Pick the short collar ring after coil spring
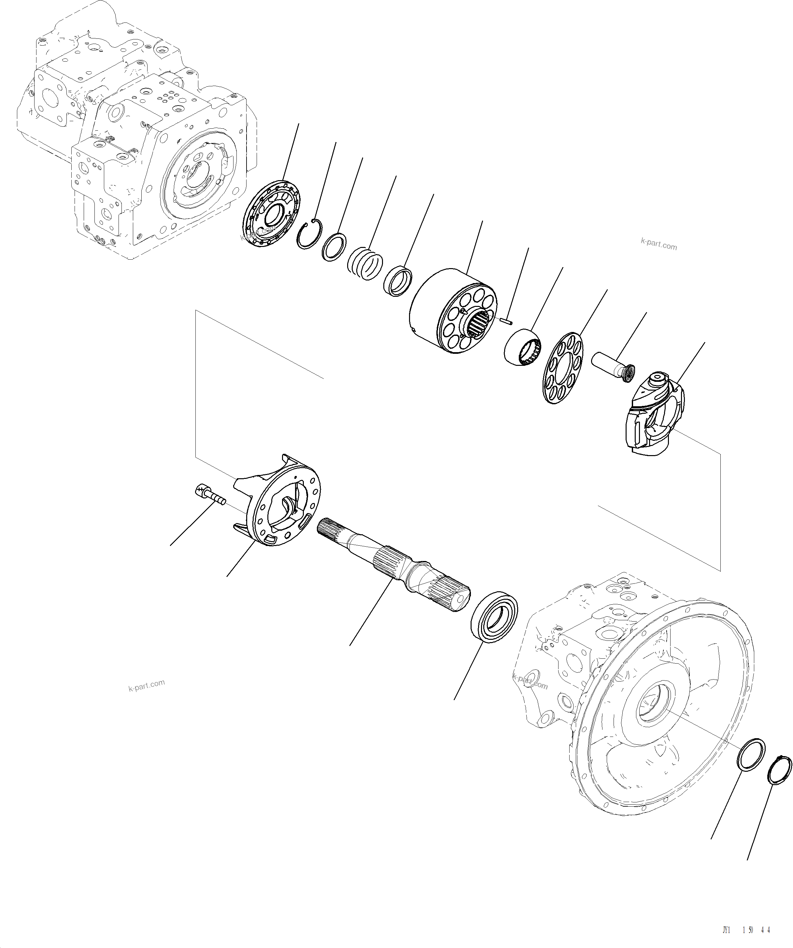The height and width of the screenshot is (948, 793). (398, 281)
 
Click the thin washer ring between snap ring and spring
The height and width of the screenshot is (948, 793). (334, 247)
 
